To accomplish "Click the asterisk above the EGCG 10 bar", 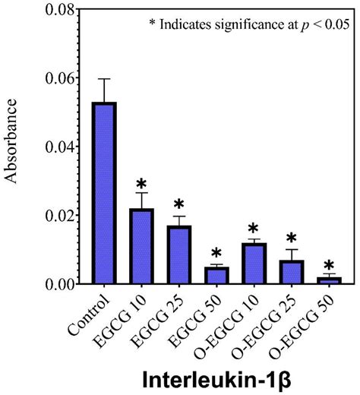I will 142,185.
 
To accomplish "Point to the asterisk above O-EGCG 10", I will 254,228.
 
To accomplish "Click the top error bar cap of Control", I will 105,79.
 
